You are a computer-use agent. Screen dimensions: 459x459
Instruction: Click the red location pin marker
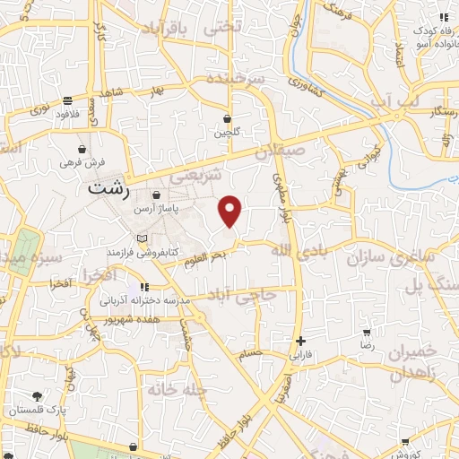(x=231, y=211)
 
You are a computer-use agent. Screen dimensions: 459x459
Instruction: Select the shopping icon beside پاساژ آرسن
(x=157, y=195)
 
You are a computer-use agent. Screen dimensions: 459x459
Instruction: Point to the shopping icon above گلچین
(x=227, y=118)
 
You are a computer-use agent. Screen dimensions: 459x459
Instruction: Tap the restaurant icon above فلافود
(x=68, y=100)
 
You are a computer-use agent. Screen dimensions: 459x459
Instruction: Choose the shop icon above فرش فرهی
(x=82, y=149)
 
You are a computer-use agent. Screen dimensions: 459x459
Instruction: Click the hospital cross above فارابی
(x=300, y=341)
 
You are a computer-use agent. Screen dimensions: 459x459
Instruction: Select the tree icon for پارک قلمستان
(x=37, y=396)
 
